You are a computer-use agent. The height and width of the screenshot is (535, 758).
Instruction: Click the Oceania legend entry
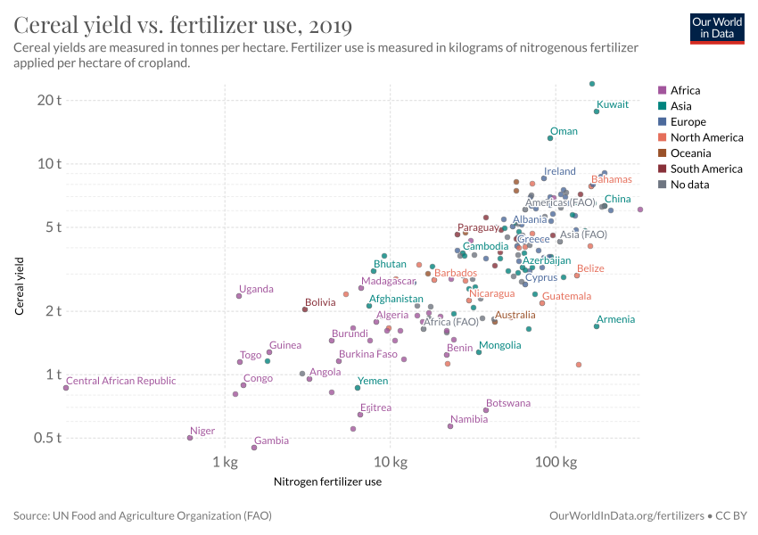688,153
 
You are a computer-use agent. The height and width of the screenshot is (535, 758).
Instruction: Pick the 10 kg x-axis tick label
391,463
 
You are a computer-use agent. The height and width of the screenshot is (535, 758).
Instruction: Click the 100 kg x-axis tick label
556,463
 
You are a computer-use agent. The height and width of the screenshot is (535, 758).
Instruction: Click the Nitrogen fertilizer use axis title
327,481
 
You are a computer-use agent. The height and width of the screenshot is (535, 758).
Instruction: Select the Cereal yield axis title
19,286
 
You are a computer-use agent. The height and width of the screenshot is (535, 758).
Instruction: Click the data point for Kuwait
597,111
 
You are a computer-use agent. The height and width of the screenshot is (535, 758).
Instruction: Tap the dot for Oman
550,138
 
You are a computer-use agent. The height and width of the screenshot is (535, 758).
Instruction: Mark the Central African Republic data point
66,388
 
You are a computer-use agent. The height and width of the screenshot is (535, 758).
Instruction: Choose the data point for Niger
190,438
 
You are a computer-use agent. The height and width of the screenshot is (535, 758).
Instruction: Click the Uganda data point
239,296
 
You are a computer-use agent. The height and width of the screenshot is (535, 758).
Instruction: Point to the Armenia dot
597,326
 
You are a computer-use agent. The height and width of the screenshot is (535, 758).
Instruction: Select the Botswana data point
486,410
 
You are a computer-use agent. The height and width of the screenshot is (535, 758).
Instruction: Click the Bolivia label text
320,303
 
